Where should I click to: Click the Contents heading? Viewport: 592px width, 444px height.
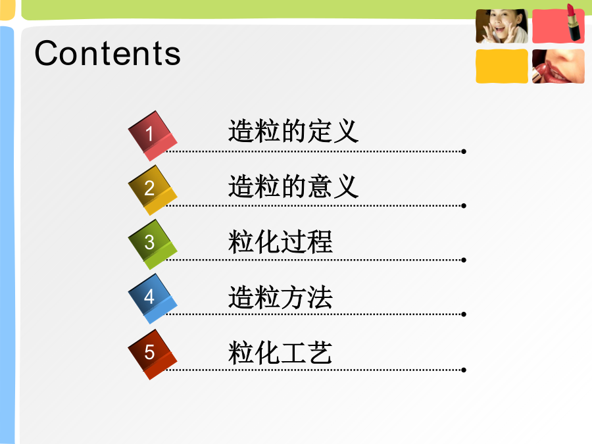pos(108,53)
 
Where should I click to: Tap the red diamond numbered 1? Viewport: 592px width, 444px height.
pos(153,136)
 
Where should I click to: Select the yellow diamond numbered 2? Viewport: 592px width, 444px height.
pos(153,190)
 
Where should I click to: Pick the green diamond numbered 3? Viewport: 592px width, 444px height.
pos(153,245)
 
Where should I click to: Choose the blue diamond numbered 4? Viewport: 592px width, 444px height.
pos(153,299)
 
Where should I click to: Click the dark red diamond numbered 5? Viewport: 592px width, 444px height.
pos(153,355)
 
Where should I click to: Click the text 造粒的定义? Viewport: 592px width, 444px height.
pos(293,131)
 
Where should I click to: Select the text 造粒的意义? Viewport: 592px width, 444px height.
pos(293,186)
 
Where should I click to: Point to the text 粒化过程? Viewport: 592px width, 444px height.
pos(280,241)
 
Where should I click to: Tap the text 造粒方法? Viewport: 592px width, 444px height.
pos(280,297)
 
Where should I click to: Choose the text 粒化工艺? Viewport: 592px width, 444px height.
pos(280,353)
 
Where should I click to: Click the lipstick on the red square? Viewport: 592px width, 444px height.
pos(574,22)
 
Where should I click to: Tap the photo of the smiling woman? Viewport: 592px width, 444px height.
pos(502,26)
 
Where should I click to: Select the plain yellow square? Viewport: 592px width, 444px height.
pos(502,66)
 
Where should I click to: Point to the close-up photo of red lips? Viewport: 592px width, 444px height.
pos(558,66)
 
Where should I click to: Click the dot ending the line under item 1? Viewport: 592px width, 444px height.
pos(464,151)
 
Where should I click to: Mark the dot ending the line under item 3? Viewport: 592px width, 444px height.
pos(464,260)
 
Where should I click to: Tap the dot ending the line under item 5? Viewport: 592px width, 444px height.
pos(464,370)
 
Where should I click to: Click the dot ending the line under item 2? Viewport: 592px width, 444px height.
pos(464,206)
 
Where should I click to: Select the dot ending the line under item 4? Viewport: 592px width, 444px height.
pos(464,314)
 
